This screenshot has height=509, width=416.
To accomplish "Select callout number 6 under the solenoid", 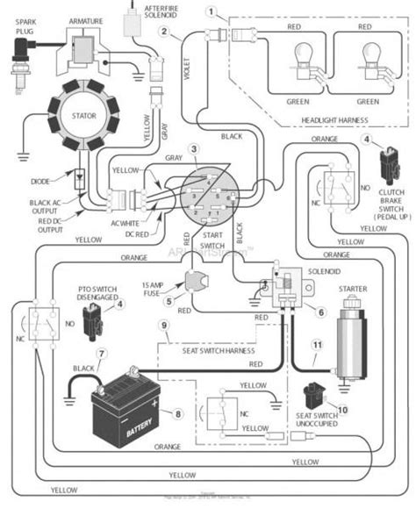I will pyautogui.click(x=321, y=311).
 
